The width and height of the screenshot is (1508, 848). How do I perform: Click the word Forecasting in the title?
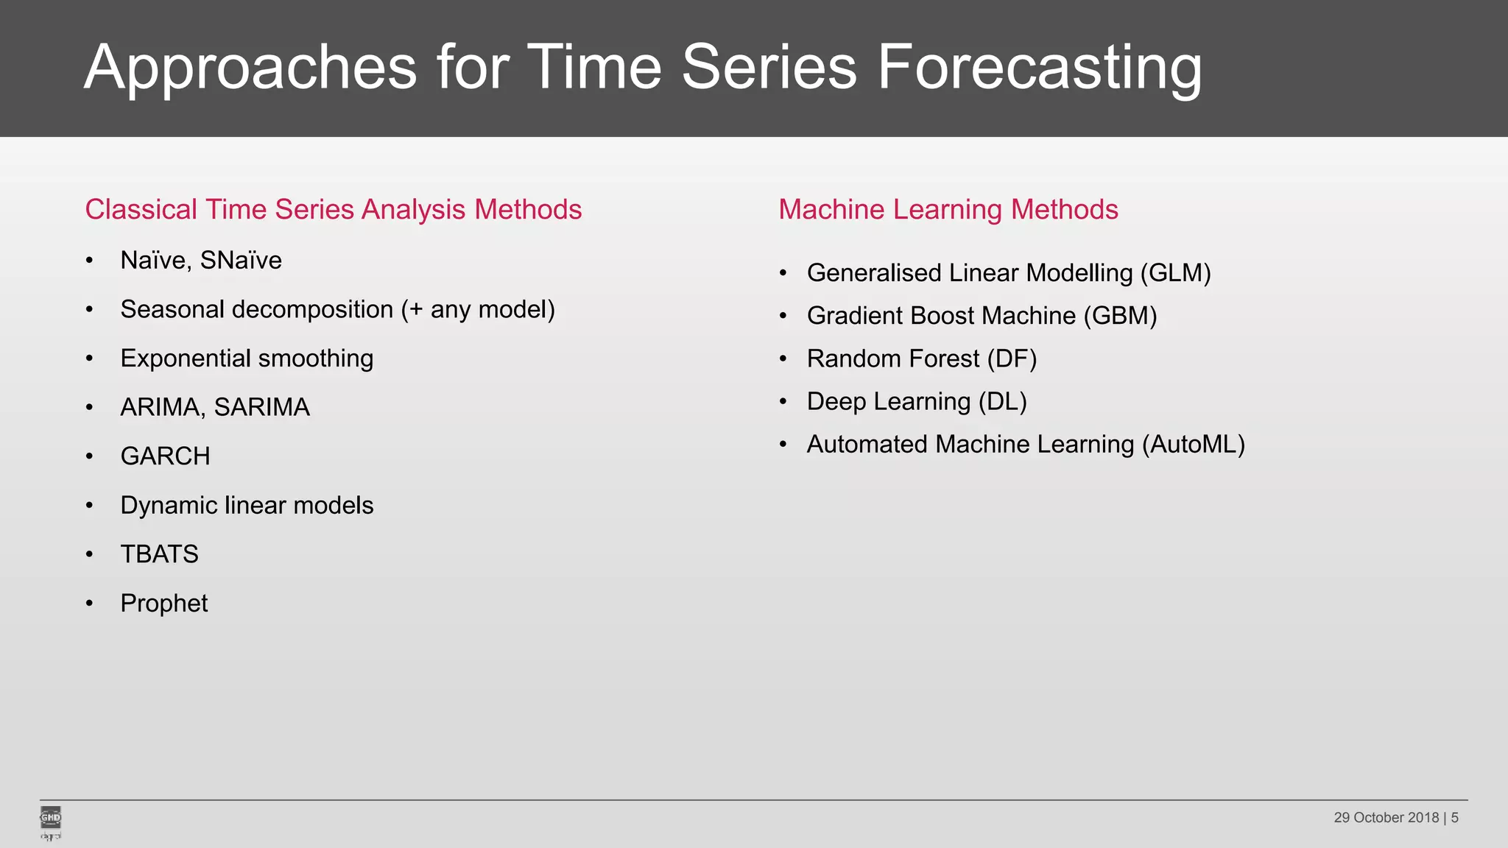[1038, 68]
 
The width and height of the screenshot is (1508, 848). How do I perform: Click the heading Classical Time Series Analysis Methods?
[333, 210]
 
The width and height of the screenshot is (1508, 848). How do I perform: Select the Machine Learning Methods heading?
[948, 210]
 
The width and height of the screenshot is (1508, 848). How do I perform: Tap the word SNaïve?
[241, 261]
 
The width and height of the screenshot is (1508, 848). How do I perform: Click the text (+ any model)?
[478, 310]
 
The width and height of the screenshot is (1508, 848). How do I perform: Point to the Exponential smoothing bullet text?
[247, 358]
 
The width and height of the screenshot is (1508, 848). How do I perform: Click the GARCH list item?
[165, 456]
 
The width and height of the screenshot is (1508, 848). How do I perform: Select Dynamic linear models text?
[247, 506]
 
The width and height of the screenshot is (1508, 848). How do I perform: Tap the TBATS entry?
[159, 554]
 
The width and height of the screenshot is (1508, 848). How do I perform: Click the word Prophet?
[163, 604]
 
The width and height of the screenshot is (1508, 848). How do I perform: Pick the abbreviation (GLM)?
[1175, 273]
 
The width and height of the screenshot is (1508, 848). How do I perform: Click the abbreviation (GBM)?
[1120, 316]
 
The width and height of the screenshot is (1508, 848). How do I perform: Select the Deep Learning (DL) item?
[916, 402]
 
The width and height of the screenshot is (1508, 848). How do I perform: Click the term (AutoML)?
[1193, 445]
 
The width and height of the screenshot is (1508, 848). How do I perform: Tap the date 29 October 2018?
[1386, 818]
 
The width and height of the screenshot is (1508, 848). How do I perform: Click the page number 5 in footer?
[1454, 818]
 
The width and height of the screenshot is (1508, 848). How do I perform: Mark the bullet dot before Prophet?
[89, 604]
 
